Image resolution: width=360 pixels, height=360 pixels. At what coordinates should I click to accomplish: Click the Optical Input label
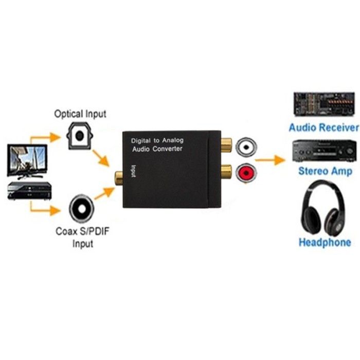(x=80, y=114)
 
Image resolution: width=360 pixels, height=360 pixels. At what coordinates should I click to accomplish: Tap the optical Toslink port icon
(x=79, y=136)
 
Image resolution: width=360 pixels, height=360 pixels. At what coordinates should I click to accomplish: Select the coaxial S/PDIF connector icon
(x=81, y=209)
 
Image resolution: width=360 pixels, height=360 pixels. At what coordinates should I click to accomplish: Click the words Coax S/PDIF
(x=82, y=231)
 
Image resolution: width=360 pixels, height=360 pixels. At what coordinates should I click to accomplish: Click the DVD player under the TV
(x=29, y=190)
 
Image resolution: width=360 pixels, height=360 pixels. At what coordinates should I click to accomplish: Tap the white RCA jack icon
(x=246, y=147)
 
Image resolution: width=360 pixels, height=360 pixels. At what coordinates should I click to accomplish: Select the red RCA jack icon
(x=246, y=173)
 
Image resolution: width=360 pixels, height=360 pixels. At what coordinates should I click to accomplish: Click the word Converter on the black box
(x=167, y=149)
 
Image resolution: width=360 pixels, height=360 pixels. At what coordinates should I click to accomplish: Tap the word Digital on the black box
(x=141, y=141)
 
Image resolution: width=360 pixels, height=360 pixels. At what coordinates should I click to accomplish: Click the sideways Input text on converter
(x=133, y=171)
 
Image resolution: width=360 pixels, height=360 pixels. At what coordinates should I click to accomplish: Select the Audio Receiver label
(x=323, y=128)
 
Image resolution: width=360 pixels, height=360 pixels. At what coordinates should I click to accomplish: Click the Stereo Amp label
(x=325, y=171)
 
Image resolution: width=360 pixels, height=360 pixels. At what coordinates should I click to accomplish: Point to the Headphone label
(x=325, y=242)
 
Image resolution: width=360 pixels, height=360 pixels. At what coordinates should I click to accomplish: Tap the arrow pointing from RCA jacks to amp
(x=270, y=160)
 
